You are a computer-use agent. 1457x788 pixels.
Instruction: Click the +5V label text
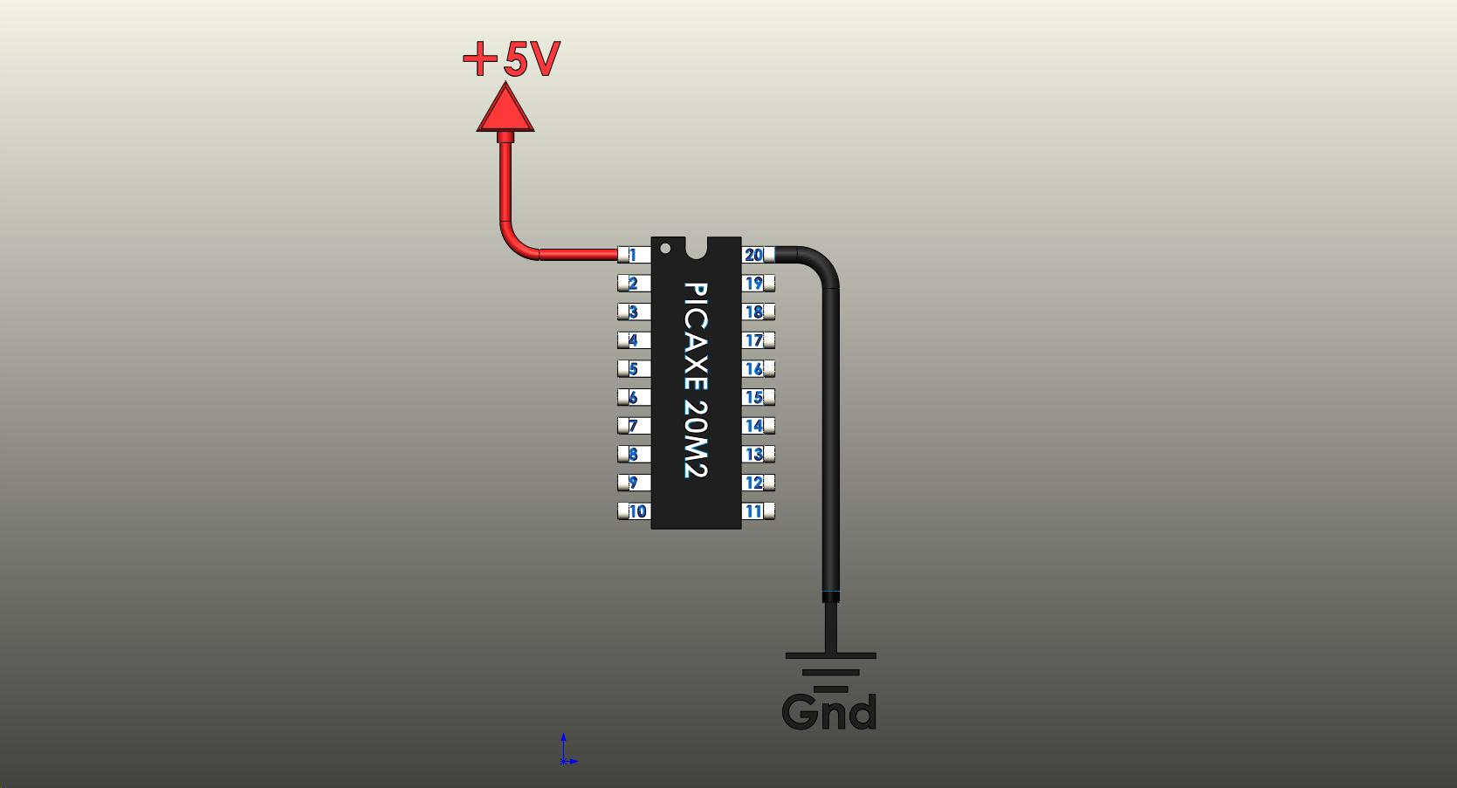[512, 60]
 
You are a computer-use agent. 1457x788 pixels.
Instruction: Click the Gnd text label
[829, 713]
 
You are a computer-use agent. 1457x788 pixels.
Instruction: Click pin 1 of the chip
[632, 255]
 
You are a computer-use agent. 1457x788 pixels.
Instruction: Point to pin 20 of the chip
[756, 255]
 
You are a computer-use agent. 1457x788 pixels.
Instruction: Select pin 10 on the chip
[635, 511]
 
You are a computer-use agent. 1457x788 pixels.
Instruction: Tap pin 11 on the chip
[757, 511]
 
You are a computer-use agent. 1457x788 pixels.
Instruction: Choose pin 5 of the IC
[632, 369]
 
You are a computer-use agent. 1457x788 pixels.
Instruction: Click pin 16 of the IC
[757, 369]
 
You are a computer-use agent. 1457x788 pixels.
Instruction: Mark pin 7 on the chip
[632, 426]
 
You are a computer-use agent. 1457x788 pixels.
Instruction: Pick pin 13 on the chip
[757, 454]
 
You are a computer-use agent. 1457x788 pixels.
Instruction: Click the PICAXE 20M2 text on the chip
[695, 380]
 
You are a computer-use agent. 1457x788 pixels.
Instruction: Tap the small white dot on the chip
[665, 249]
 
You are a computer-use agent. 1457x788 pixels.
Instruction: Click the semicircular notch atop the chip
[696, 247]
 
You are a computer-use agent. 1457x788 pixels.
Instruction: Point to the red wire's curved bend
[513, 244]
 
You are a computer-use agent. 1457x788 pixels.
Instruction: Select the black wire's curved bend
[821, 263]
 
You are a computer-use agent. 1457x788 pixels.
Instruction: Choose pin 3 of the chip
[632, 312]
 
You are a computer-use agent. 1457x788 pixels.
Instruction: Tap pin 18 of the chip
[757, 312]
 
